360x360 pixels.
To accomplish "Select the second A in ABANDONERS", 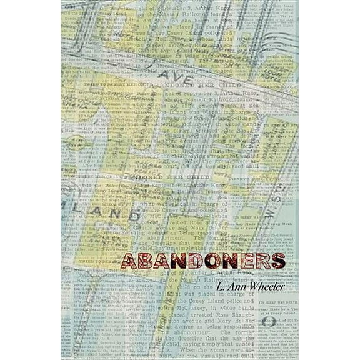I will [x=160, y=261].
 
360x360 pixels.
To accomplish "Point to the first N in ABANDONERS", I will [x=177, y=261].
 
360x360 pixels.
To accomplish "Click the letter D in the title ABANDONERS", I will [x=194, y=261].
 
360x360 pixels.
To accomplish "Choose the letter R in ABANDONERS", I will [x=262, y=261].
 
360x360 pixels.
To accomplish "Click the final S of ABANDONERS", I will [x=278, y=261].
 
